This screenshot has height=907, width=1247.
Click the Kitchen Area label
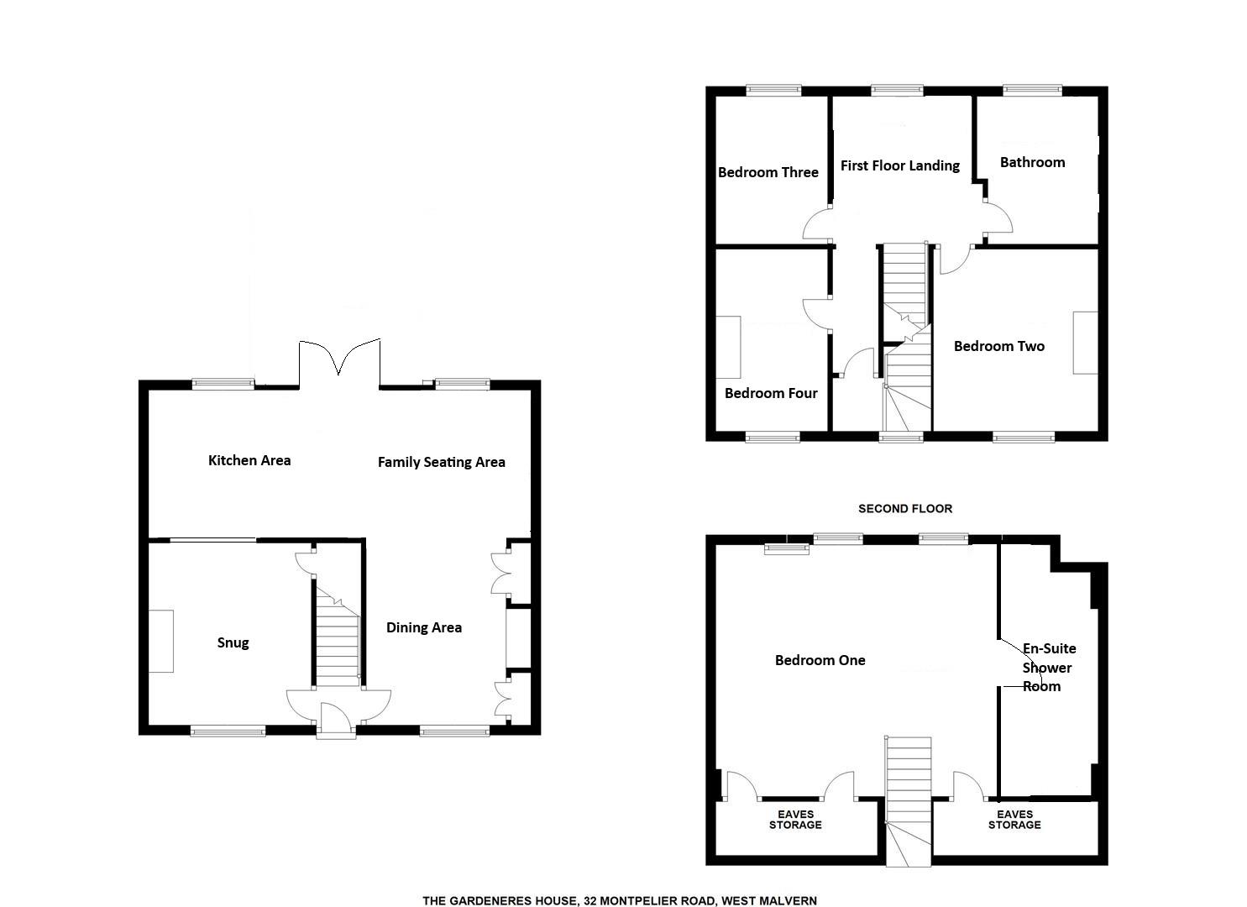click(x=249, y=460)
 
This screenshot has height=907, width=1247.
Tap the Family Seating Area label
click(x=441, y=462)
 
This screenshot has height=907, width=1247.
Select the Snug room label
click(x=233, y=642)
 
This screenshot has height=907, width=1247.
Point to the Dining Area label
click(x=423, y=627)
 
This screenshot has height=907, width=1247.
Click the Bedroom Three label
click(x=768, y=172)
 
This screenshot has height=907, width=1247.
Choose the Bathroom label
click(x=1032, y=162)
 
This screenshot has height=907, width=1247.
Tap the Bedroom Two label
click(x=998, y=346)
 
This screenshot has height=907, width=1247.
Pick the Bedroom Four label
click(x=771, y=393)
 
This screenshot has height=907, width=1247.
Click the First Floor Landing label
click(x=899, y=165)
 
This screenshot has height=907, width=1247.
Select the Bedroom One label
click(x=820, y=660)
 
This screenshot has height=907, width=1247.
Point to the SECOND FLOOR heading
click(x=904, y=508)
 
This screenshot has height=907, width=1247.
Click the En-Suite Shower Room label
click(x=1048, y=668)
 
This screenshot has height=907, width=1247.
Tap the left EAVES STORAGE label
click(x=795, y=820)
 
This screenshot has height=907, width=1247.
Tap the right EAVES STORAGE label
click(x=1014, y=820)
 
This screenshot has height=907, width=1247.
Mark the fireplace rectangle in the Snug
click(x=161, y=642)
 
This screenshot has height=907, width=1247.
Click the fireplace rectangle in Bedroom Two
click(x=1085, y=343)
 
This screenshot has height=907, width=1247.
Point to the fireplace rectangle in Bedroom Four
click(x=728, y=348)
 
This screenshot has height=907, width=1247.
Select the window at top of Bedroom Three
click(x=773, y=91)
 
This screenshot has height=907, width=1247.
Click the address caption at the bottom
click(x=619, y=901)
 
